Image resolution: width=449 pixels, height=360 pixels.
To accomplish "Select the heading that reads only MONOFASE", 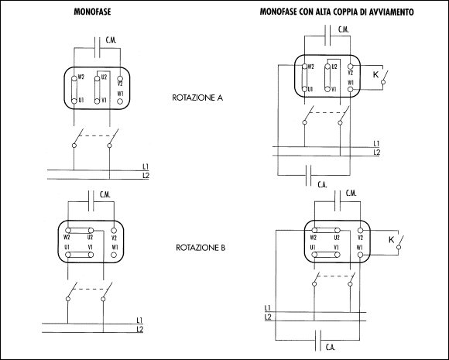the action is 92,12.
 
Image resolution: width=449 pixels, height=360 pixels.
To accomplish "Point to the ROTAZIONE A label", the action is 197,98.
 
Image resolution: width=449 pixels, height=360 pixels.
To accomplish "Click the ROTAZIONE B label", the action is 201,248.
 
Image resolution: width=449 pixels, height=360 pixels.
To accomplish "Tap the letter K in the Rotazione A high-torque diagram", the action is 375,75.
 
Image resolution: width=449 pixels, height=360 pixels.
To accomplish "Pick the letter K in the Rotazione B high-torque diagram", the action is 392,240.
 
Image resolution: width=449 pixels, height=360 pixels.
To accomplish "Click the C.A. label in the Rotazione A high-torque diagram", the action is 323,185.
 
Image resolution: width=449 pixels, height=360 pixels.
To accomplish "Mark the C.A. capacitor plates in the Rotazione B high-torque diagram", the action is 318,340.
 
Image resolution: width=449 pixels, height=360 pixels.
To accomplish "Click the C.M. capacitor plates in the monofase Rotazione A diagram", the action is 97,47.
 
